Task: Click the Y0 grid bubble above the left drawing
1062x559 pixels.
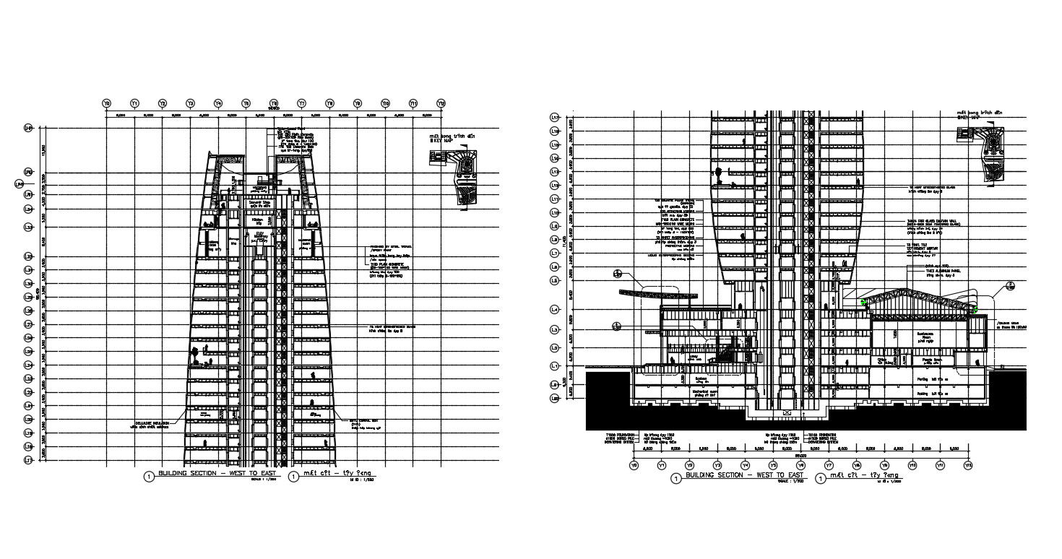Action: point(107,103)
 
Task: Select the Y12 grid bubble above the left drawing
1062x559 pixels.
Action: point(441,103)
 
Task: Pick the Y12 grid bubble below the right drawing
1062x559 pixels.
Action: point(968,465)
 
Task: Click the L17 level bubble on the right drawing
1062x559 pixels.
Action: point(556,172)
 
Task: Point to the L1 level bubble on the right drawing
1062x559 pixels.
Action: point(556,365)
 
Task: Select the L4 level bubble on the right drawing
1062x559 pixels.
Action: point(556,310)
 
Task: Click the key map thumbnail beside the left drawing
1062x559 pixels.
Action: point(464,181)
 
